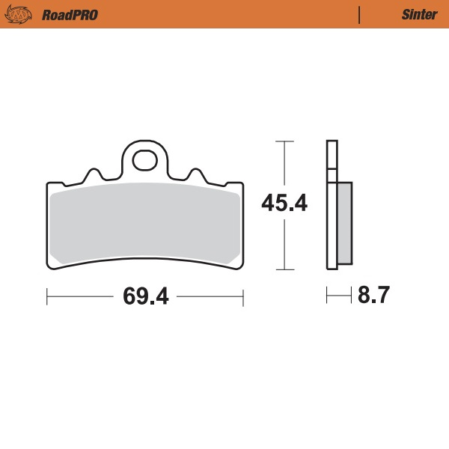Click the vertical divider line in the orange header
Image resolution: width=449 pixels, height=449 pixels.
click(361, 14)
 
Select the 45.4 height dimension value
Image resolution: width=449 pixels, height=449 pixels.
click(284, 203)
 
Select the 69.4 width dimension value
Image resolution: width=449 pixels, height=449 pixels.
click(145, 297)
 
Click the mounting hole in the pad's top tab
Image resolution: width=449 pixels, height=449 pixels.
click(144, 159)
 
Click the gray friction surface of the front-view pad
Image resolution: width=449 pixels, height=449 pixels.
click(145, 224)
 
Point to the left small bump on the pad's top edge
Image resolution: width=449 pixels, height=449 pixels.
click(94, 174)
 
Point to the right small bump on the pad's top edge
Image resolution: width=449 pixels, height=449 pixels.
click(195, 174)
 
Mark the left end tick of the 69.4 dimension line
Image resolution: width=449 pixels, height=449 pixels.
click(47, 297)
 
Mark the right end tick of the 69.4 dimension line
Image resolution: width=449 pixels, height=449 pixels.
click(244, 297)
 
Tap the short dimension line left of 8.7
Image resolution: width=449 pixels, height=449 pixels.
click(338, 297)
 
